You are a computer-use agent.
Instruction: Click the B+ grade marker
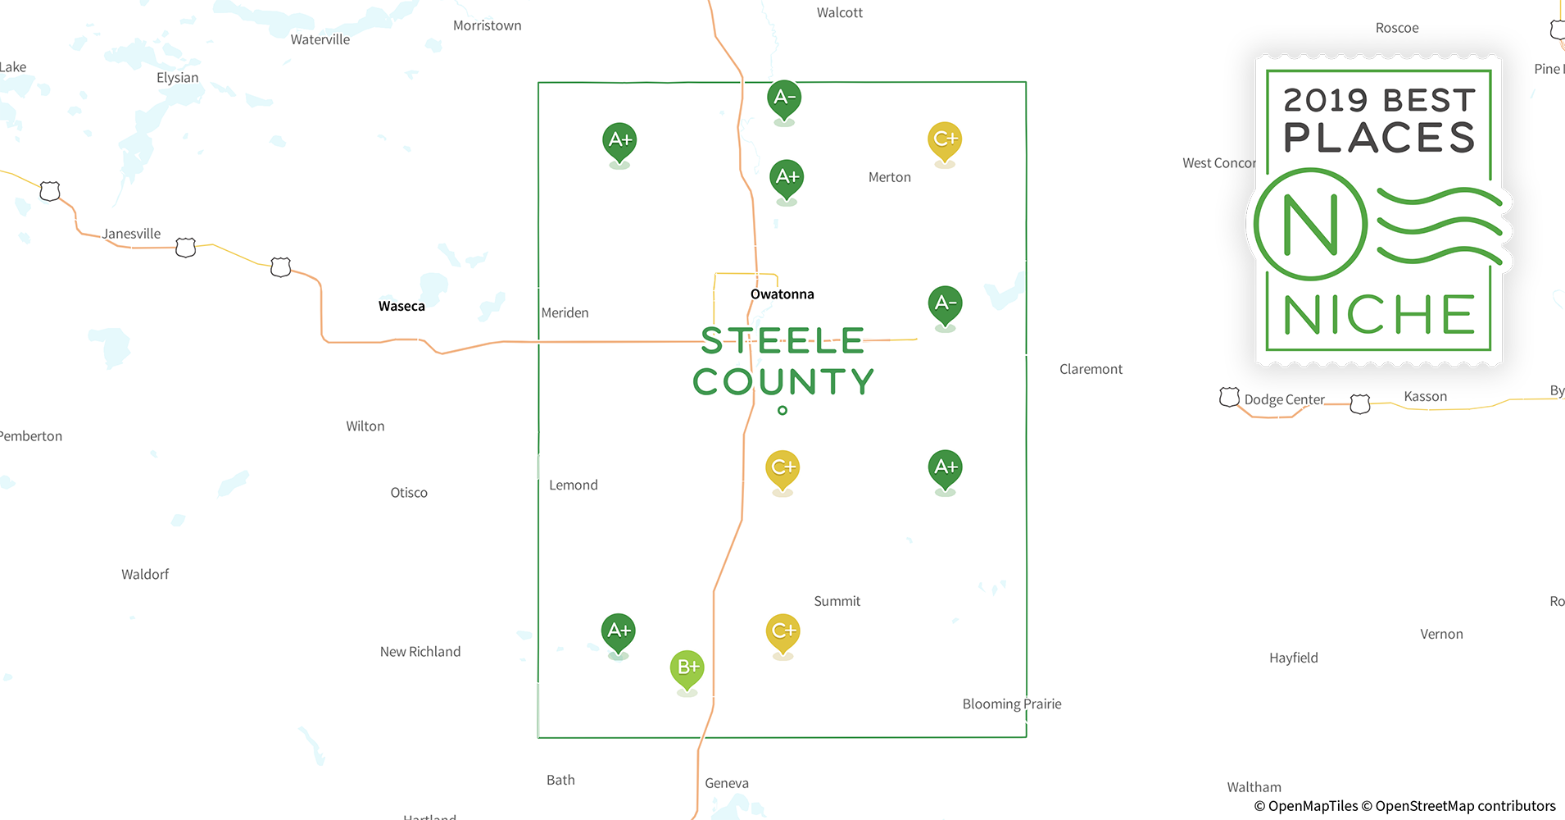point(687,667)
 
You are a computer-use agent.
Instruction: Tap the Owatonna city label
point(782,294)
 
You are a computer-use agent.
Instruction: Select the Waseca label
point(401,307)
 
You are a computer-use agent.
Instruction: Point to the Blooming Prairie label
point(1011,704)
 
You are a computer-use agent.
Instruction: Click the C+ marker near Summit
point(782,631)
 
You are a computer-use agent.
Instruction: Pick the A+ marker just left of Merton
point(787,177)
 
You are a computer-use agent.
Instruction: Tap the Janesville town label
point(131,234)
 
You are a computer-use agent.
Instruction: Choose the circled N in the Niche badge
point(1310,225)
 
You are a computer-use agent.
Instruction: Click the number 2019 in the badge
point(1325,101)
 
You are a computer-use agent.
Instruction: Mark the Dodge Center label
point(1284,399)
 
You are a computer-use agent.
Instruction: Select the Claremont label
point(1091,369)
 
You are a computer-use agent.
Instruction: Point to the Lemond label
point(573,485)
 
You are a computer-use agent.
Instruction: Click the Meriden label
point(565,312)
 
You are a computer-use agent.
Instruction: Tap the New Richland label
point(420,652)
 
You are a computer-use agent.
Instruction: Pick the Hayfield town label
point(1293,658)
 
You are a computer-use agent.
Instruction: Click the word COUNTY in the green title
point(783,381)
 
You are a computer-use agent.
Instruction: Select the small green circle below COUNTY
point(782,410)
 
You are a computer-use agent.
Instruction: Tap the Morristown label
point(487,25)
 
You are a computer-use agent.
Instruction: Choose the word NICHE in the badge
point(1379,315)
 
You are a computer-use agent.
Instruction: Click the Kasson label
point(1425,397)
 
